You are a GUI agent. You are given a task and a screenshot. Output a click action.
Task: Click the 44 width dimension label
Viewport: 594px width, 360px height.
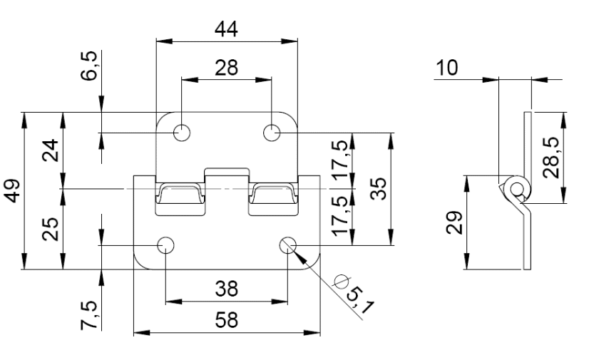tap(226, 29)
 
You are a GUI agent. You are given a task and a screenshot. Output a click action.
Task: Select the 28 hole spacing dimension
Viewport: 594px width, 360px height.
tap(227, 68)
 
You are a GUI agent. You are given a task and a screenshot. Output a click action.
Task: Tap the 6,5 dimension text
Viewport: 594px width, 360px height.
tap(89, 66)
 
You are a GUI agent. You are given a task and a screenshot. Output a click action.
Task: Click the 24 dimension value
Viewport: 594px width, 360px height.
tap(51, 150)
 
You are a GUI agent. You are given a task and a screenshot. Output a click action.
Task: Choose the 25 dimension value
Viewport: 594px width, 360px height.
tap(51, 229)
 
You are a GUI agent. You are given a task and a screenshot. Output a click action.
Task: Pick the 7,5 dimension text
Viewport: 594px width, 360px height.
tap(89, 316)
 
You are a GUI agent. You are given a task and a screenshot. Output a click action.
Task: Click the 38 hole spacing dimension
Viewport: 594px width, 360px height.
tap(227, 289)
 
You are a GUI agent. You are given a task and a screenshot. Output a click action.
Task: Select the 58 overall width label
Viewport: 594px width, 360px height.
tap(227, 320)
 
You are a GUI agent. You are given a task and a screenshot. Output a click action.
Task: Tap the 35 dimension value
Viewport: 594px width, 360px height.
tap(378, 188)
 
